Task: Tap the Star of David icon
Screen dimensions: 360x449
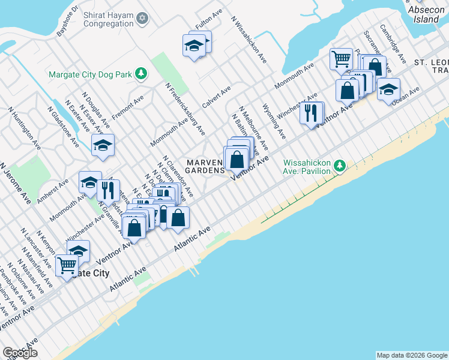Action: [143, 19]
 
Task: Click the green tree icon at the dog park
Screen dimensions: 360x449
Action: [141, 74]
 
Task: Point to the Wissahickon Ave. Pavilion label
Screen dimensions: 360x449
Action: [307, 166]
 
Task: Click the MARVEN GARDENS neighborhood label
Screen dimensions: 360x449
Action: [205, 166]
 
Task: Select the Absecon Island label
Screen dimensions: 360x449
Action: [427, 14]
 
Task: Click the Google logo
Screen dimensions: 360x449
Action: [20, 353]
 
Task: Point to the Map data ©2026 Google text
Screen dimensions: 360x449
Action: [412, 355]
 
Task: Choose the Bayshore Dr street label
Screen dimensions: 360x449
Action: [67, 22]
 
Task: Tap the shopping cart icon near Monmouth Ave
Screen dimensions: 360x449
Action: [341, 59]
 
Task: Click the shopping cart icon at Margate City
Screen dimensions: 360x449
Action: [67, 264]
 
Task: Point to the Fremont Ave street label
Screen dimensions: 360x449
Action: [125, 105]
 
